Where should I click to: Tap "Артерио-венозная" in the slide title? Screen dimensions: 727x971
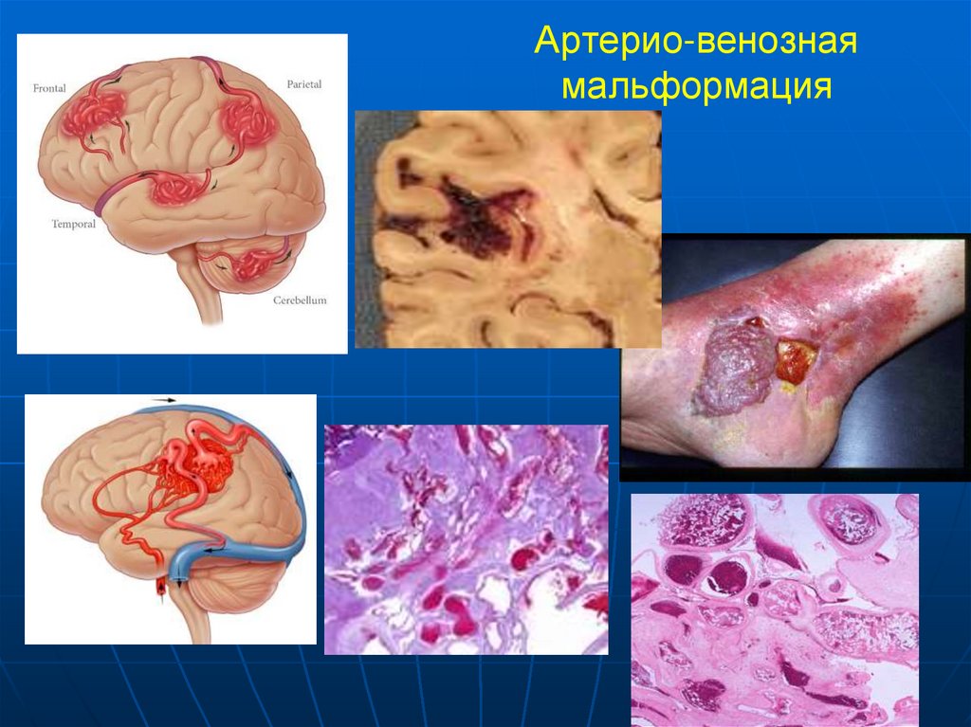pyautogui.click(x=696, y=43)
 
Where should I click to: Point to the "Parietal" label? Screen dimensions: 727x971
pyautogui.click(x=303, y=84)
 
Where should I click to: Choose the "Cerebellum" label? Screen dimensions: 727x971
pyautogui.click(x=300, y=300)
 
